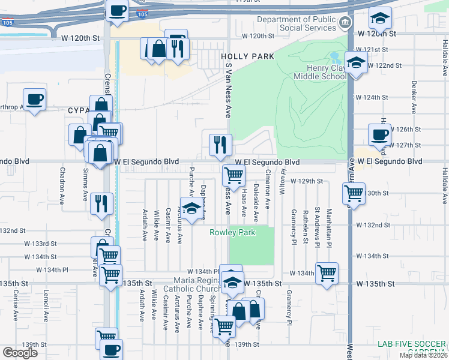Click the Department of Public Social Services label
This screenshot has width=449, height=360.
click(x=297, y=24)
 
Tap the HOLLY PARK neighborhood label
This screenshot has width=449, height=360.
click(x=247, y=56)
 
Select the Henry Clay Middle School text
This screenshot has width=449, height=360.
click(x=319, y=73)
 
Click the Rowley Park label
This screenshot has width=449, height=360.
click(x=232, y=232)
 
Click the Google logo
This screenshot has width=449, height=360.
click(x=20, y=353)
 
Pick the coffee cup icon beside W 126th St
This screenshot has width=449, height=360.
click(x=379, y=134)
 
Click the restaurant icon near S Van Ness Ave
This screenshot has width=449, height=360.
click(x=220, y=144)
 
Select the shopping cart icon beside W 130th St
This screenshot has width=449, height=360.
click(x=354, y=194)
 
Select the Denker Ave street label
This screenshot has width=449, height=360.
click(x=414, y=97)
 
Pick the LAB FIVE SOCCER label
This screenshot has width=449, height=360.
click(x=412, y=344)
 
